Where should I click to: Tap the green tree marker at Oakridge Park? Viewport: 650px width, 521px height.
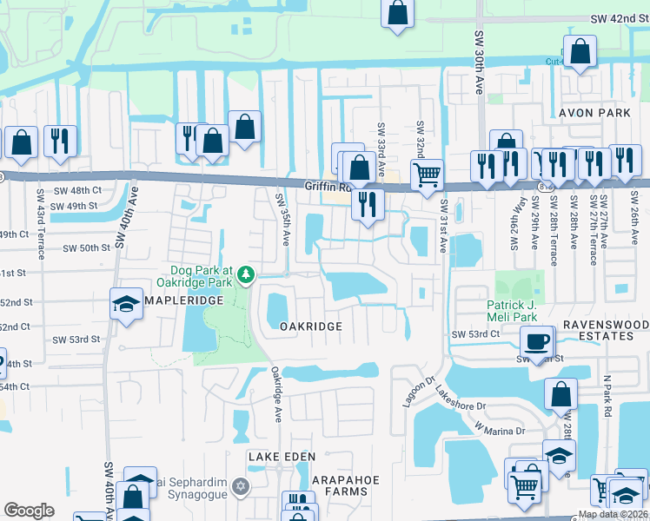coord(247,274)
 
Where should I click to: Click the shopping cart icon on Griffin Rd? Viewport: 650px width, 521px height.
coord(426,174)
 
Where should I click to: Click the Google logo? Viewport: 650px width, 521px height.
coord(29,511)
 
